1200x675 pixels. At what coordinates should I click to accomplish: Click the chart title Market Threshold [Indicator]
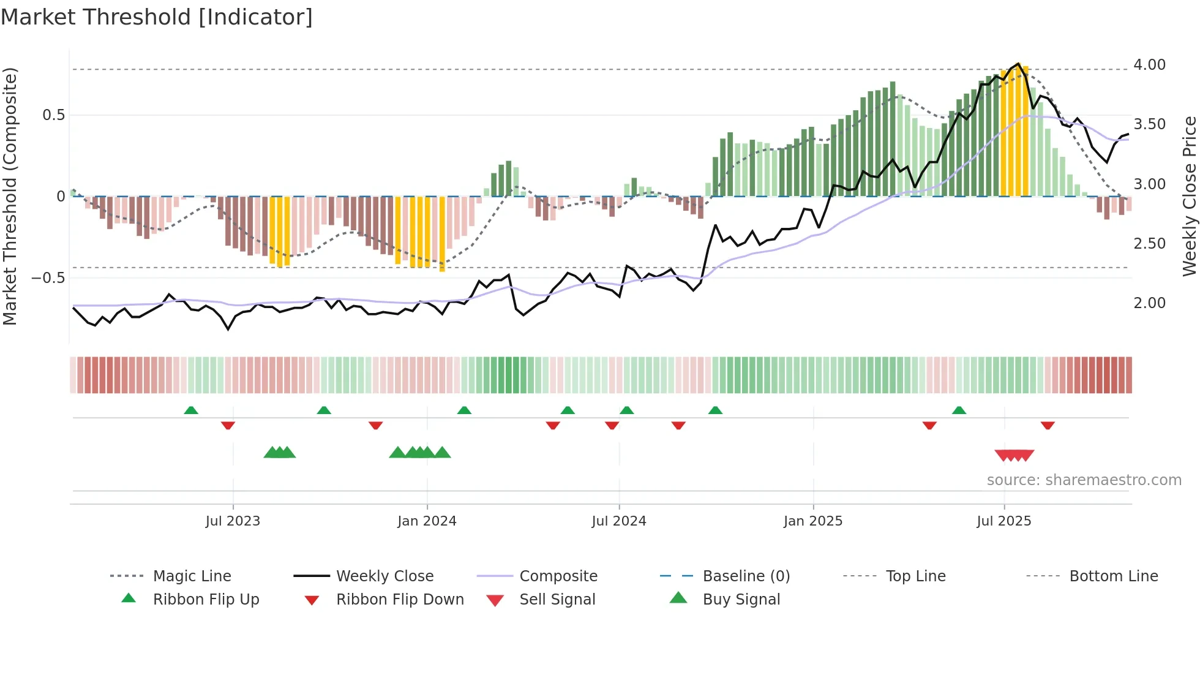(157, 17)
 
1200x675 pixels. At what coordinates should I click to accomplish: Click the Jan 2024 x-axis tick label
(427, 521)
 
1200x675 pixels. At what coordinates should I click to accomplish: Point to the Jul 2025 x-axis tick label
(1003, 521)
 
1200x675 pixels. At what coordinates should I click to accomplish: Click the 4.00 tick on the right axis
(1149, 65)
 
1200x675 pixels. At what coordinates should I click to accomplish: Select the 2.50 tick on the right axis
(1149, 244)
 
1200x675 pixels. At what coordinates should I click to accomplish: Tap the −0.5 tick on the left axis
(48, 278)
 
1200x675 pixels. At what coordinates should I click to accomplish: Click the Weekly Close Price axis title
(1189, 196)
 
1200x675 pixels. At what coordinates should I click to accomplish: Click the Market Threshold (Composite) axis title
(10, 196)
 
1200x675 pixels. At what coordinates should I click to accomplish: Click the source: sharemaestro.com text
(1084, 480)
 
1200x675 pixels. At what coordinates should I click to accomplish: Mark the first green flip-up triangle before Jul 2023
(191, 410)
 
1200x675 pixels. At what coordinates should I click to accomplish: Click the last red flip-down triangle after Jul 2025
(1048, 425)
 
